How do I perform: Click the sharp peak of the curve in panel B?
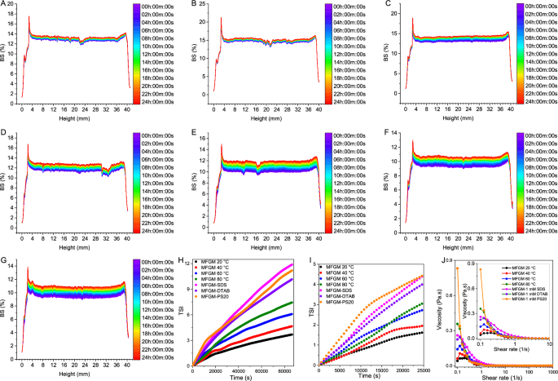click(x=221, y=17)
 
